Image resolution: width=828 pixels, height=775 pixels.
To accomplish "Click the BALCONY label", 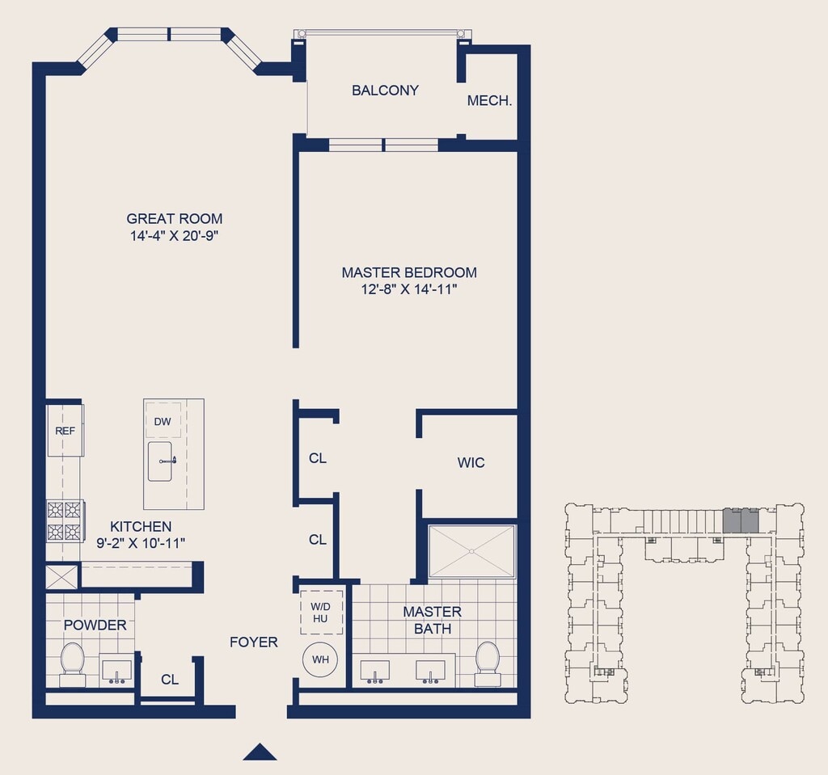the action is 385,91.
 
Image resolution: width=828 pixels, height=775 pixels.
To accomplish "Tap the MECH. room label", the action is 489,100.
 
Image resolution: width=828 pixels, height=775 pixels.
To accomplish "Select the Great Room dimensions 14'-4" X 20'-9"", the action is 175,235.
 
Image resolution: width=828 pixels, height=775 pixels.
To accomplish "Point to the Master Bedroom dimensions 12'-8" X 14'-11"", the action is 408,289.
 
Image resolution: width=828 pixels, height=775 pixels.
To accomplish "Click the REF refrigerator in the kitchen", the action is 65,430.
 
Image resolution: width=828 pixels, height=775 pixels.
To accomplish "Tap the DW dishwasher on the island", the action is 163,421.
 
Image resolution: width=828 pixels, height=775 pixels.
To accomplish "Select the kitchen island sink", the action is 161,461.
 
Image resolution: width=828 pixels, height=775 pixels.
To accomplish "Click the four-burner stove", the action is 65,521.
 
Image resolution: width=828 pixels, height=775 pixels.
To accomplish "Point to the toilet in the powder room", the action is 72,663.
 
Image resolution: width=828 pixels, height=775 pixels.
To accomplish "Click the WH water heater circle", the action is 320,659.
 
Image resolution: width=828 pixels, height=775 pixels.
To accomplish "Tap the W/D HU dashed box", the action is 321,613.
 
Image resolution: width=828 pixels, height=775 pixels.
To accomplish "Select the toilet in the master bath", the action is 487,663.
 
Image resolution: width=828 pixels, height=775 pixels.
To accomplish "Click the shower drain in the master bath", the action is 472,551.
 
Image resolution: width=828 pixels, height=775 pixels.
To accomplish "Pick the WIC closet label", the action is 471,463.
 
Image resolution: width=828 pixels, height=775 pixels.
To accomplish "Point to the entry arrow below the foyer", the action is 260,752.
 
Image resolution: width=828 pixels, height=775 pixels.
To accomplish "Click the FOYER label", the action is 253,642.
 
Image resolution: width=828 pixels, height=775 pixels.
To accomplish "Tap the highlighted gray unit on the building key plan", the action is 741,520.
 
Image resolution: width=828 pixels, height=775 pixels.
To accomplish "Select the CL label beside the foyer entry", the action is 170,680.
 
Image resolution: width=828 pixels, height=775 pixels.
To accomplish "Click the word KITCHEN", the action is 141,526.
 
